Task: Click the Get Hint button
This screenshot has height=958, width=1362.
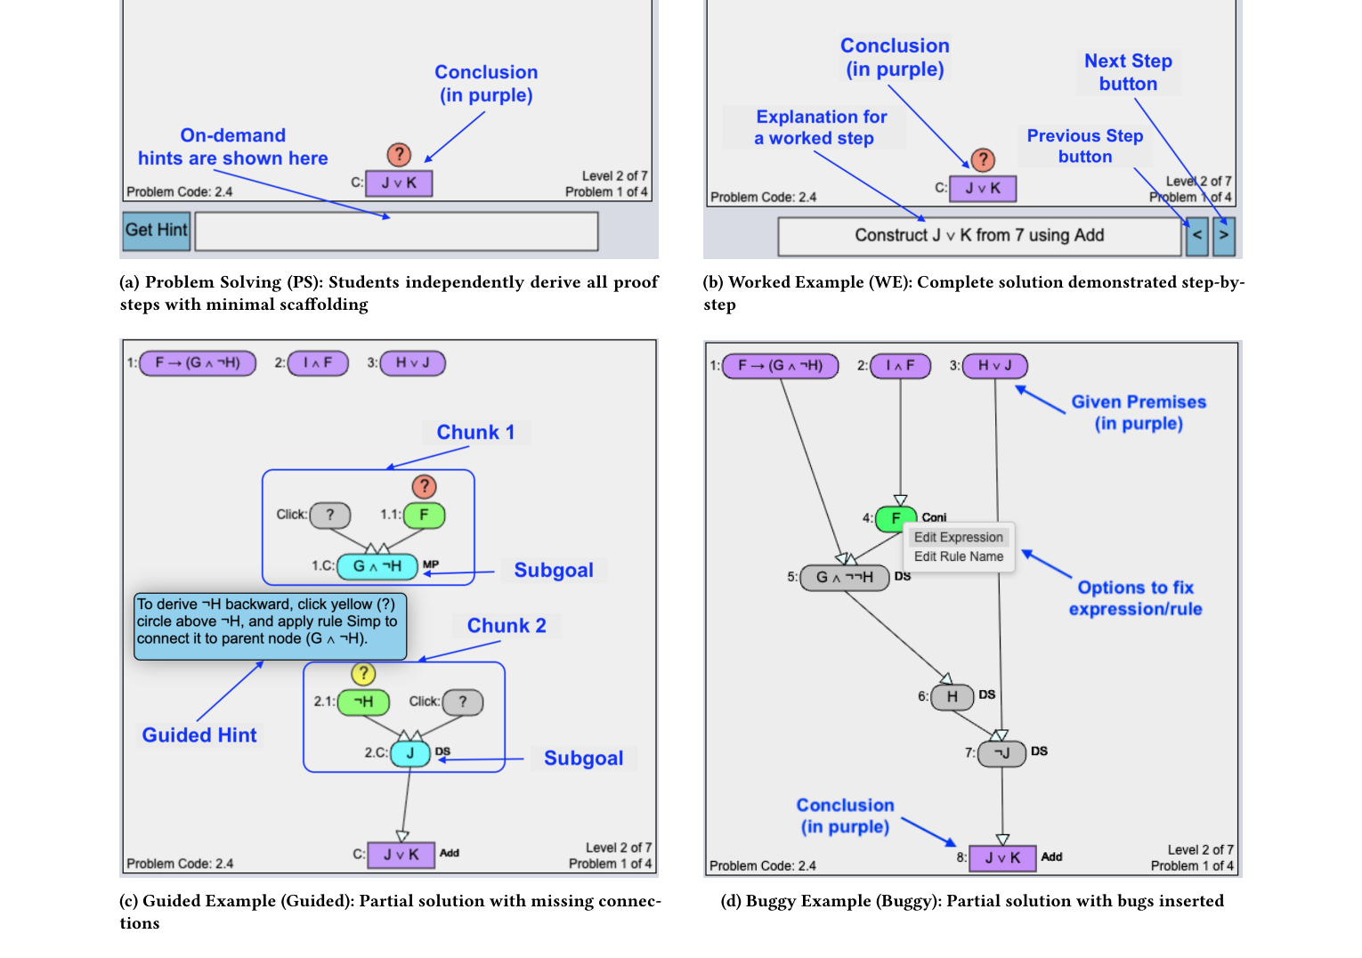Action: click(157, 231)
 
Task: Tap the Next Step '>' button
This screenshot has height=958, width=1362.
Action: click(1224, 236)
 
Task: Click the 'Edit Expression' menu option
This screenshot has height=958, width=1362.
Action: click(958, 537)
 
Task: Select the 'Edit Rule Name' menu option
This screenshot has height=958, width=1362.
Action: click(958, 556)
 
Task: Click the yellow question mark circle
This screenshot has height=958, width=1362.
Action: click(363, 673)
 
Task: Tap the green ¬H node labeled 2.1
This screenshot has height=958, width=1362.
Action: click(363, 702)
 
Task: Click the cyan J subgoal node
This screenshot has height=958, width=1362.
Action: click(409, 753)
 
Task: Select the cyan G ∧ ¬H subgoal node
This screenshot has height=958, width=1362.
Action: click(377, 566)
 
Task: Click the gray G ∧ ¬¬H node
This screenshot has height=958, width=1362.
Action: click(844, 577)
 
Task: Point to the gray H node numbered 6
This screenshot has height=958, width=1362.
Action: click(952, 696)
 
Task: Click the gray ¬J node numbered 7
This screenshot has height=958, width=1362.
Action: click(1001, 753)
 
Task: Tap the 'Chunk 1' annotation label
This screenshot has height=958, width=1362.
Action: click(475, 433)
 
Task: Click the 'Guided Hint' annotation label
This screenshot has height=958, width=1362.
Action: click(199, 735)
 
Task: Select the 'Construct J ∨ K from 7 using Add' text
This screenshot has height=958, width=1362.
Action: click(979, 235)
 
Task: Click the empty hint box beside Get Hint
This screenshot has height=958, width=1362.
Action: click(396, 231)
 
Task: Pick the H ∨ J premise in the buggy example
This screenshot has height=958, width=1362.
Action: click(994, 366)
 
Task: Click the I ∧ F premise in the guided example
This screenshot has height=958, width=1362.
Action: click(318, 363)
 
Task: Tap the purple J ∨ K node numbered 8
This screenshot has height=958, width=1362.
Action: click(1002, 858)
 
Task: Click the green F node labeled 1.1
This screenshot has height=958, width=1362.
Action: click(424, 516)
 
